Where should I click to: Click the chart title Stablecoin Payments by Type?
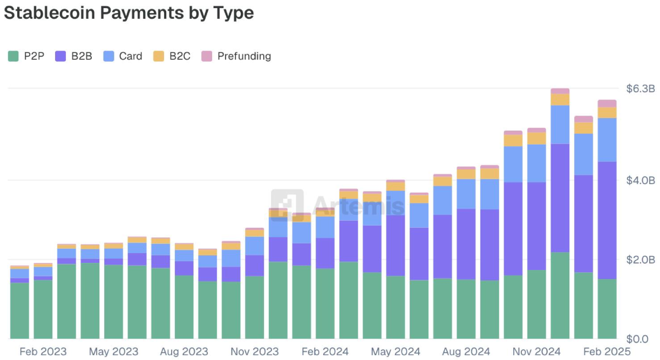click(128, 13)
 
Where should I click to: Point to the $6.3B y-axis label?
click(640, 89)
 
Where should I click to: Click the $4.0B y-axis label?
click(640, 180)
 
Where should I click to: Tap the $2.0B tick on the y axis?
click(640, 260)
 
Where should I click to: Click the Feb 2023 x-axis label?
click(43, 352)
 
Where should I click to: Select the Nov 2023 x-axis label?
click(254, 352)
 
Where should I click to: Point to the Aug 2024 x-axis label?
click(466, 352)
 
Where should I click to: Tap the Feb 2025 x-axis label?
click(607, 352)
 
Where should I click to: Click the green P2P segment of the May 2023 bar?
click(114, 302)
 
